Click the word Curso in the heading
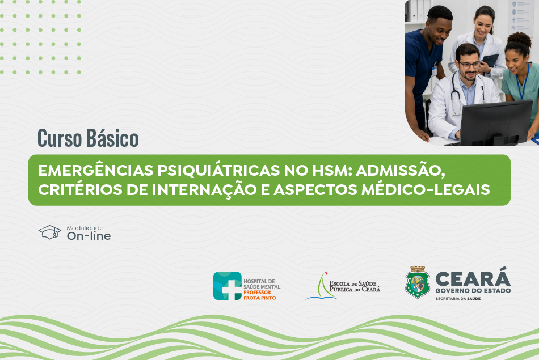coord(60,138)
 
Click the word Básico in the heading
coord(112,138)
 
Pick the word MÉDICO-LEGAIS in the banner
coord(426,189)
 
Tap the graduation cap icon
coord(50,232)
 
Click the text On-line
coord(89,236)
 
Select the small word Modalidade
coord(85,228)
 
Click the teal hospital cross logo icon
coord(227,286)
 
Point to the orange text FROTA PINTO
coord(259,298)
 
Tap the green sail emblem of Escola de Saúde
coord(322,286)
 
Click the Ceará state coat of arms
coord(418,282)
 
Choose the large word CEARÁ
coord(473,277)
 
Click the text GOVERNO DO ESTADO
coord(473,291)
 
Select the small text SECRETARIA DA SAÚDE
coord(458,299)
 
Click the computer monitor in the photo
coord(496,122)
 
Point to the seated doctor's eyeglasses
coord(470,65)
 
